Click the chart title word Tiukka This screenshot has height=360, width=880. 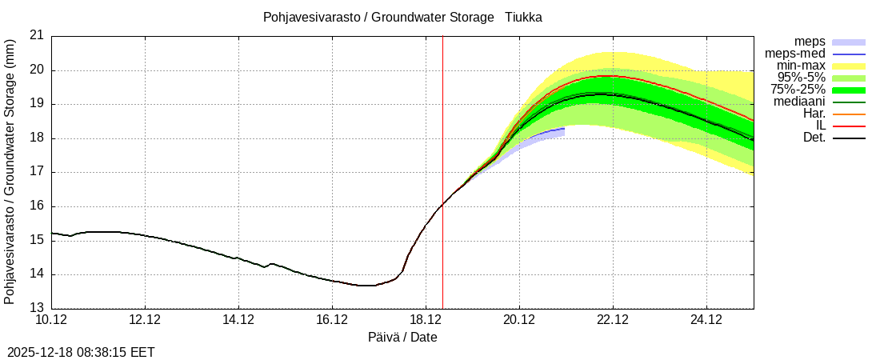523,17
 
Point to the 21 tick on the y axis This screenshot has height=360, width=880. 37,35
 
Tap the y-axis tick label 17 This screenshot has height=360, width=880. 37,172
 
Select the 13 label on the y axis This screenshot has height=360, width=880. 37,309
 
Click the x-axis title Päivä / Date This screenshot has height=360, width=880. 402,338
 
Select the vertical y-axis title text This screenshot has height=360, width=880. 10,171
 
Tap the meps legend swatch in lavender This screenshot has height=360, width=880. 849,42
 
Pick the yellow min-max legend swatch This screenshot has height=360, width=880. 849,66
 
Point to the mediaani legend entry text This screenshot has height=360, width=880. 799,102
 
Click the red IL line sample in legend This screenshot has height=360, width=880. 849,126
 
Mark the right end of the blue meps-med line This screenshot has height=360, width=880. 565,128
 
